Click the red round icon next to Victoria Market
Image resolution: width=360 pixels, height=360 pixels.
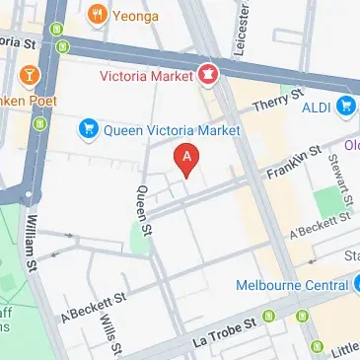pyautogui.click(x=208, y=73)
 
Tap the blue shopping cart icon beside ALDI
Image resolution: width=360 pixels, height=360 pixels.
pyautogui.click(x=345, y=106)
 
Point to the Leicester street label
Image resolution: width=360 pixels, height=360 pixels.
pyautogui.click(x=239, y=30)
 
